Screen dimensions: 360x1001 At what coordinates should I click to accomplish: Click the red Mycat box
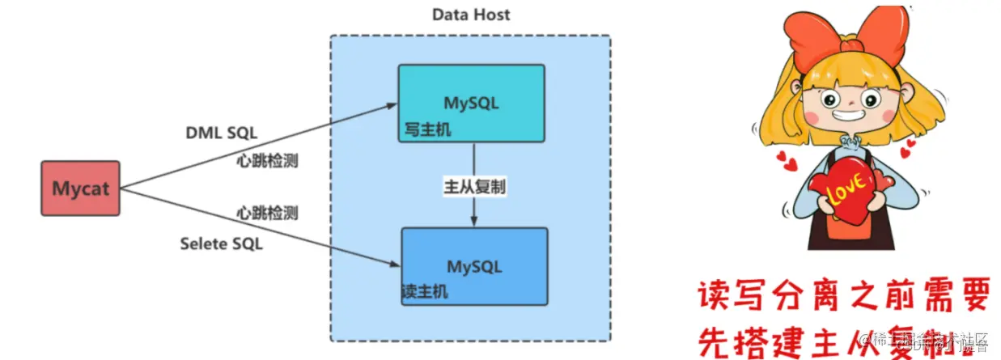coord(80,188)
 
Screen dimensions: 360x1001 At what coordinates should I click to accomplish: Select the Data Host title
coord(471,15)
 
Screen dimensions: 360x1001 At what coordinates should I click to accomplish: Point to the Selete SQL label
coord(222,243)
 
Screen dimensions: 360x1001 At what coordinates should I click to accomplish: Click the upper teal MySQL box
coord(471,103)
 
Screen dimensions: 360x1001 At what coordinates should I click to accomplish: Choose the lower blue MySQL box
coord(474,265)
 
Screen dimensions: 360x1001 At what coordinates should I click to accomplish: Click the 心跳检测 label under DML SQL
coord(267,161)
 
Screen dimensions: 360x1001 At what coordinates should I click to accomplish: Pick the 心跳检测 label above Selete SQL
coord(267,214)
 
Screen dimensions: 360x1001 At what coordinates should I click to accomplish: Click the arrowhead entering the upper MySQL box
coord(392,105)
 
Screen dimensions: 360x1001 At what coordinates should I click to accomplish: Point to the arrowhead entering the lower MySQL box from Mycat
coord(396,264)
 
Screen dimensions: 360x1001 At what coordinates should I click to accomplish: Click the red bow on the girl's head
coord(846,40)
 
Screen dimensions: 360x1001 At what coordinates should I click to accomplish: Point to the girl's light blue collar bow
coord(850,147)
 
